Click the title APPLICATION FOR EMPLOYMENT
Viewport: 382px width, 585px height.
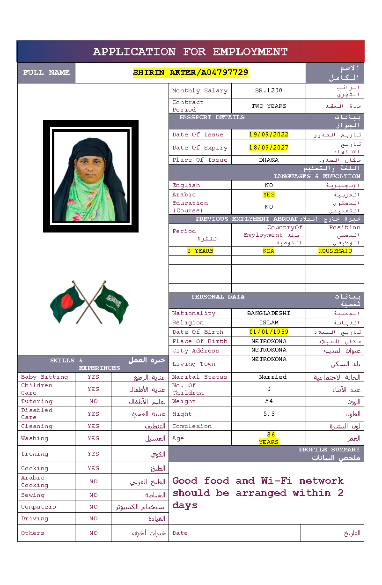pos(190,52)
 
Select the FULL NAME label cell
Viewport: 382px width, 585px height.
pos(46,73)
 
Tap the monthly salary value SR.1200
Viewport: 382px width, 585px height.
pos(269,90)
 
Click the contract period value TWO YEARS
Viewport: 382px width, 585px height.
pos(269,106)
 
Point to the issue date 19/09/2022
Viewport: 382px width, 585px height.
pos(269,135)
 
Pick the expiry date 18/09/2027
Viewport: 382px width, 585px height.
pos(269,148)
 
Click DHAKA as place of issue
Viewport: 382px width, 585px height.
pos(269,160)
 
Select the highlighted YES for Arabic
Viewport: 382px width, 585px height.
pos(269,195)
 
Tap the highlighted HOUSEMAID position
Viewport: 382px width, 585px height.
pos(335,251)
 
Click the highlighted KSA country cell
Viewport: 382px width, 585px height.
pos(269,251)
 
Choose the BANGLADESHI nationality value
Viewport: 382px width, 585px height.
pos(269,313)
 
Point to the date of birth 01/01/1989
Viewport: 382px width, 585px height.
pos(269,332)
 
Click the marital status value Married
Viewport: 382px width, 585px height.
pos(273,377)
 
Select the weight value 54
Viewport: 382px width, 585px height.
pos(269,401)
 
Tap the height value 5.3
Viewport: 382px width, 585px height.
pos(269,414)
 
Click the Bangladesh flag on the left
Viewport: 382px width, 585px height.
pos(67,304)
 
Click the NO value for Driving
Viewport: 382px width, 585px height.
pos(94,518)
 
